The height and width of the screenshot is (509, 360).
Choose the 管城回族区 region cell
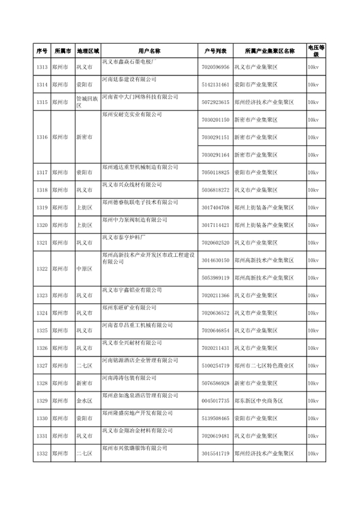pos(83,103)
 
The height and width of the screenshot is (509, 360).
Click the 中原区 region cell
pos(83,270)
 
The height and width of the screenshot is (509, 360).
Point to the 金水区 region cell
pos(83,400)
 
